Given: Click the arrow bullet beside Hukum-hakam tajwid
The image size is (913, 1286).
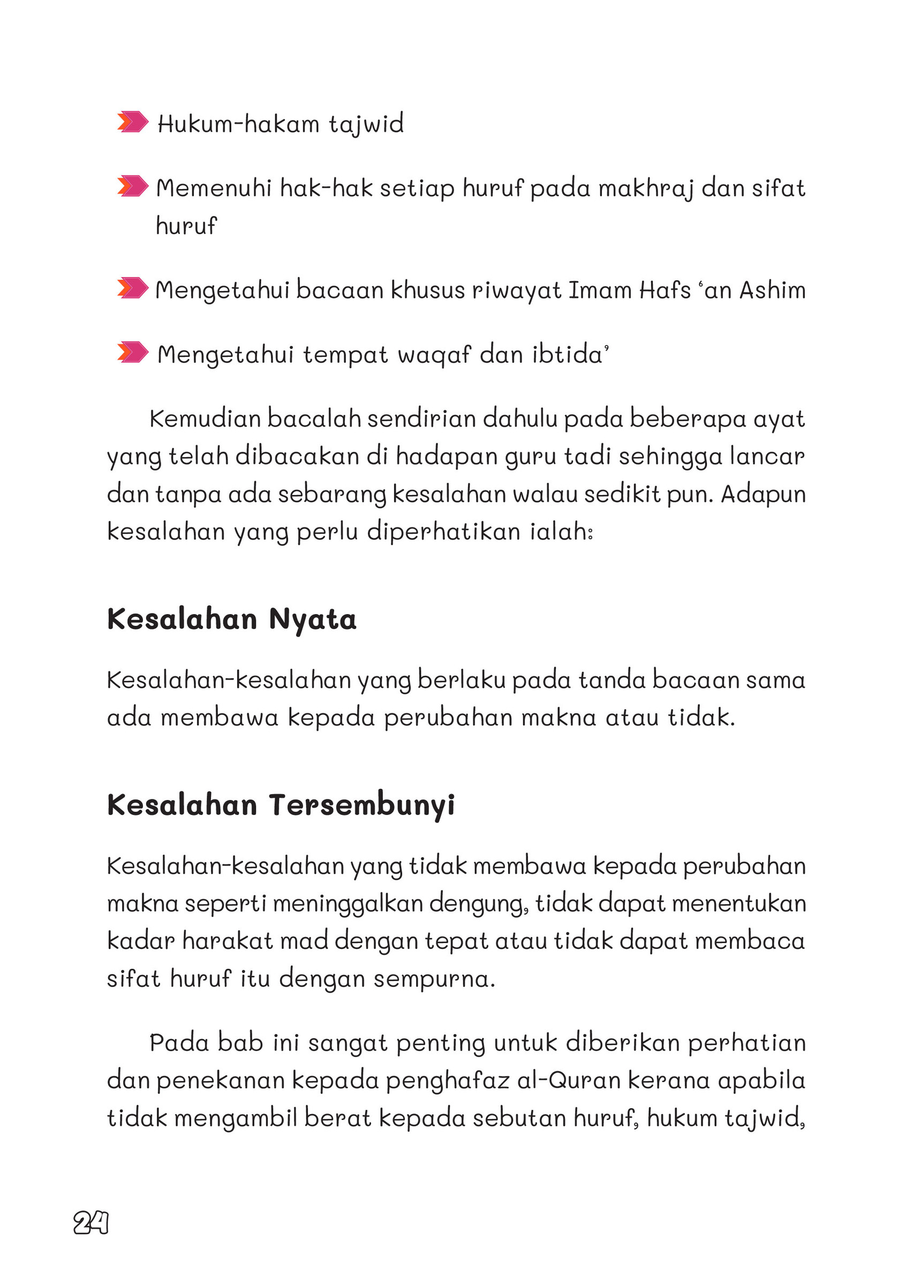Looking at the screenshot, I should pos(133,122).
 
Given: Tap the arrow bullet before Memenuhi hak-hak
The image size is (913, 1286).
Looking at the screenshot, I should pos(133,186).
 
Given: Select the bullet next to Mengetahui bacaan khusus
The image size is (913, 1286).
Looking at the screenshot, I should pos(133,288).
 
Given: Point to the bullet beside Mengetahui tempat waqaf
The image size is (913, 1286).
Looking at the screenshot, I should pos(133,353).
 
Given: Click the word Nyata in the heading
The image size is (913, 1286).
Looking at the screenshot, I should pos(313,619).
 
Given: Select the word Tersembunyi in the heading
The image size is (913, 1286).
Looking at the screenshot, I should pos(362,805).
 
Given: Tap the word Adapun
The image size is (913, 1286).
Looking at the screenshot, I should pos(763,495).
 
